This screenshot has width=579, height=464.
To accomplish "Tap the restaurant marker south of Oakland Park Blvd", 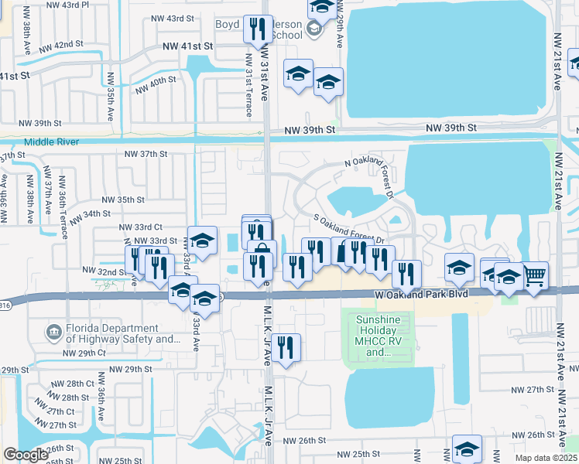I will (x=287, y=347).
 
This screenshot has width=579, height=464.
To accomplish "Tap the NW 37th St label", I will (x=146, y=154).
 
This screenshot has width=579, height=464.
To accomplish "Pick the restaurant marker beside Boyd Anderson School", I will (x=256, y=29).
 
